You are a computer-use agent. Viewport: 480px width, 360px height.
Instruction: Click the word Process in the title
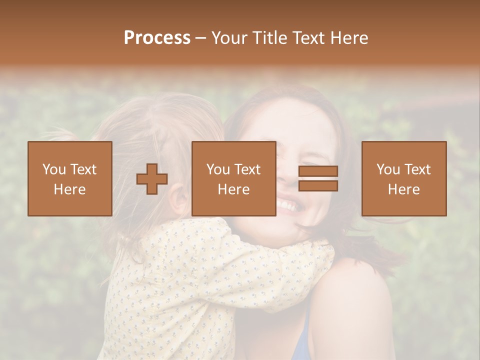point(157,38)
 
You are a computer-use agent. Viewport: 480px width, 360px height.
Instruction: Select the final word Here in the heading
point(348,38)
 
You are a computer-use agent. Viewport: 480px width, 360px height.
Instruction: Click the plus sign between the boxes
point(152,179)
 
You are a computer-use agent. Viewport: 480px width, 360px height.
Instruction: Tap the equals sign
point(318,178)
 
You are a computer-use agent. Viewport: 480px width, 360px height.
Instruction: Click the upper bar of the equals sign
point(318,171)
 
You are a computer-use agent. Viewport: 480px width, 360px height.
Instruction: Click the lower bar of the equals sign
point(318,185)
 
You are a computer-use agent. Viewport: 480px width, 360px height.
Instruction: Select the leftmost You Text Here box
point(69,178)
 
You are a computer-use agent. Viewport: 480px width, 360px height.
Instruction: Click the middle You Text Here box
point(233,178)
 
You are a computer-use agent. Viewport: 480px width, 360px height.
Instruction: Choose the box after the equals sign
point(403,178)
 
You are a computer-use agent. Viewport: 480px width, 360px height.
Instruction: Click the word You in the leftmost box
point(54,169)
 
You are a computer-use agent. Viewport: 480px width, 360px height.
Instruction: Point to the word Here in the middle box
point(233,189)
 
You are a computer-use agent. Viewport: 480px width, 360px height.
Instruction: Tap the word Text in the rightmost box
point(417,169)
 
